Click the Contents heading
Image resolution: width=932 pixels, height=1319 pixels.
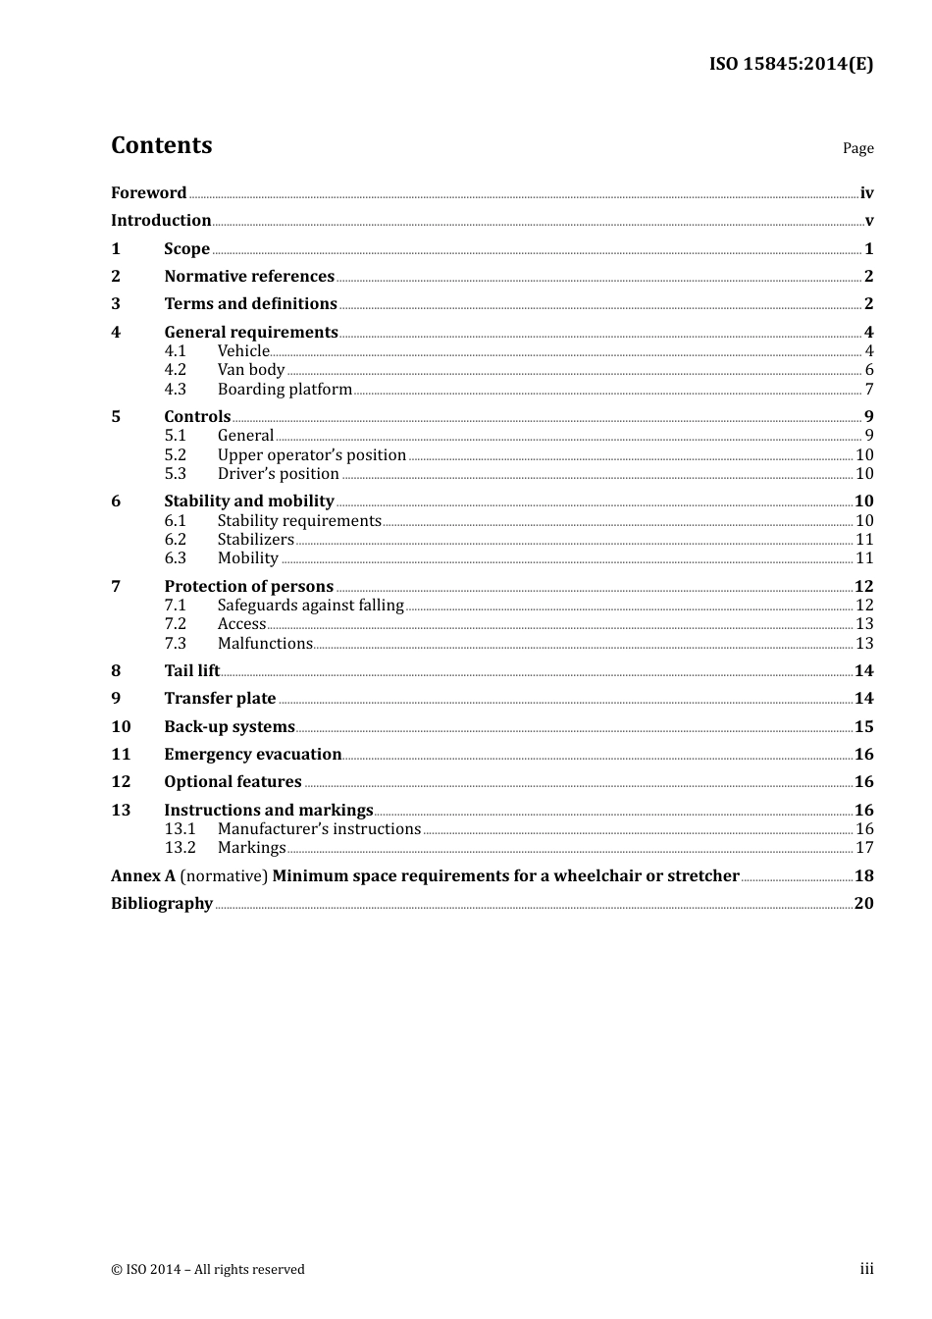click(x=161, y=145)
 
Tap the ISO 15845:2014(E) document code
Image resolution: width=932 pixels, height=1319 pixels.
click(x=791, y=64)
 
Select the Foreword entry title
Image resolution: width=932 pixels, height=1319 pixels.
click(x=148, y=192)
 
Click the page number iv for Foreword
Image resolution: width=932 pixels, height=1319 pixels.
click(x=866, y=193)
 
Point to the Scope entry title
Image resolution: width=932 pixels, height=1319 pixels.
click(x=186, y=248)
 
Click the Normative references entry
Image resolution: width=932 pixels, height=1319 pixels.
click(x=249, y=276)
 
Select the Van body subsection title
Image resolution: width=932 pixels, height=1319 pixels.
click(x=250, y=370)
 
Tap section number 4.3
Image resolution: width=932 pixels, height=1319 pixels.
click(x=175, y=389)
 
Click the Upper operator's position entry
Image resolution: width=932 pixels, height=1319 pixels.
click(x=311, y=454)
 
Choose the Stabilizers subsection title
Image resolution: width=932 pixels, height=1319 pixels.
click(x=255, y=539)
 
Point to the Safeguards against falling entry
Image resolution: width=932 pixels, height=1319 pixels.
click(x=310, y=605)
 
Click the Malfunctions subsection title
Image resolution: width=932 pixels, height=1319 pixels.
click(x=265, y=643)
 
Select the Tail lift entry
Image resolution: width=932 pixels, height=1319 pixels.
click(x=191, y=670)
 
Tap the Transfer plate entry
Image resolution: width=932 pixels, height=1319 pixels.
click(x=220, y=698)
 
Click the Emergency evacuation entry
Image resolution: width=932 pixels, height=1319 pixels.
click(x=252, y=754)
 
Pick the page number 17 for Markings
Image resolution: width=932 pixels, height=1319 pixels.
click(x=864, y=847)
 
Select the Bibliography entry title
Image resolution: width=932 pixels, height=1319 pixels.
click(x=162, y=903)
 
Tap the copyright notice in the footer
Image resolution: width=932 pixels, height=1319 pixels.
click(x=208, y=1269)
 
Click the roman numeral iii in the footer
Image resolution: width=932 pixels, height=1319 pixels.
click(x=866, y=1269)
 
